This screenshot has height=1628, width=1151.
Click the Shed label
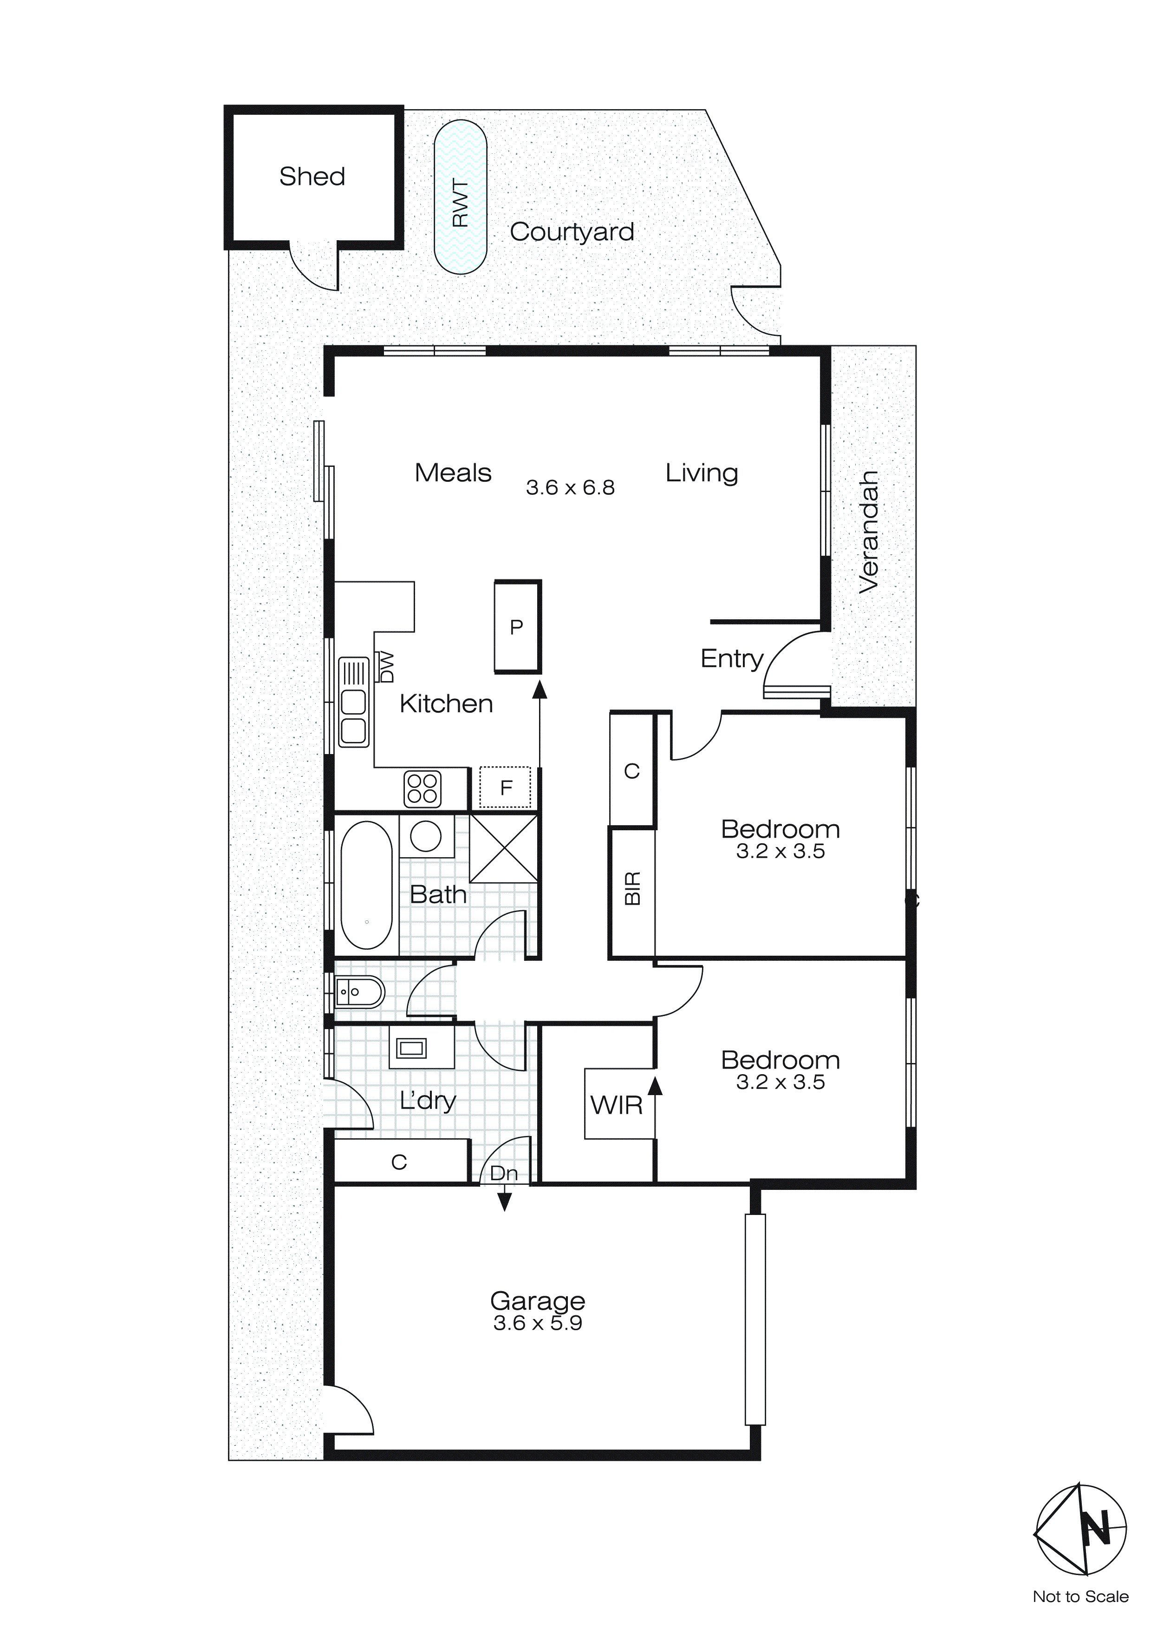312,177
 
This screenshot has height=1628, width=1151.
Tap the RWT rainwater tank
461,197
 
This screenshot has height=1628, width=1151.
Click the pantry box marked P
517,627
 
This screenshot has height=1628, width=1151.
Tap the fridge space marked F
505,787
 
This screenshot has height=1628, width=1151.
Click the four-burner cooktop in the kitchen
423,788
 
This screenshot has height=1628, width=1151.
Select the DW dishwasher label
387,667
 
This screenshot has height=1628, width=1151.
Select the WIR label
616,1105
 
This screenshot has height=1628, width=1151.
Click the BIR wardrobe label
632,888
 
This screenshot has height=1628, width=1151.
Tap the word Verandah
868,532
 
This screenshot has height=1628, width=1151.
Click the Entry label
731,659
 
